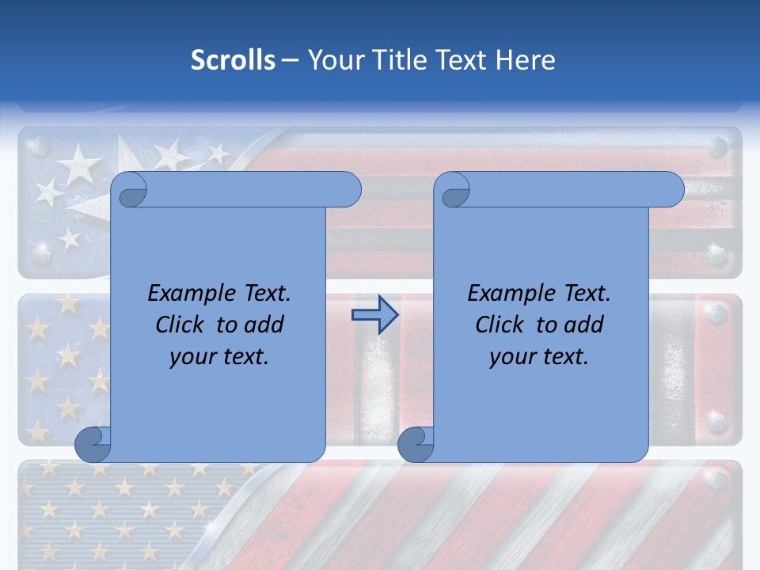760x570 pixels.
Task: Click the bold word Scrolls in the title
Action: click(x=233, y=60)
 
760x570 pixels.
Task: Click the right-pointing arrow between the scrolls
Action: click(x=374, y=315)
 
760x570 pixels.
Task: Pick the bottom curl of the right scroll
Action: click(x=416, y=445)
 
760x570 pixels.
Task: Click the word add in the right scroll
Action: click(x=583, y=325)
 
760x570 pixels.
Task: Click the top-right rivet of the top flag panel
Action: click(x=717, y=146)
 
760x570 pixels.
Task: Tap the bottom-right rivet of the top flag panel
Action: click(x=717, y=256)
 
